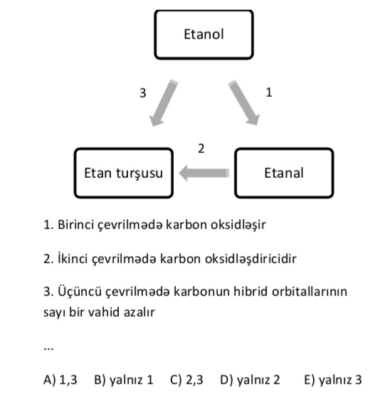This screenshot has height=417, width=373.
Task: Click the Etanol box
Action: tap(204, 35)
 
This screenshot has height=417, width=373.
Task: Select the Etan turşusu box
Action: tap(124, 173)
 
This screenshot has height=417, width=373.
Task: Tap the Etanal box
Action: tap(284, 173)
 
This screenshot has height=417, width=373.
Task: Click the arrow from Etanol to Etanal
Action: tap(243, 102)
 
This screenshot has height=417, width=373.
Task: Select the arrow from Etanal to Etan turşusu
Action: tap(204, 173)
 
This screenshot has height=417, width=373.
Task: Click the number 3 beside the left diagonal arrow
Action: tap(143, 93)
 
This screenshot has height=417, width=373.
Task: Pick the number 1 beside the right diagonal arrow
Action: tap(269, 93)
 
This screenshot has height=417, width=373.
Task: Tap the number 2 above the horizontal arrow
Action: tap(201, 149)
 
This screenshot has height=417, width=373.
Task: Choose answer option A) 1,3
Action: tap(61, 379)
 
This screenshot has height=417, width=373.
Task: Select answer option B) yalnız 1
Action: tap(124, 380)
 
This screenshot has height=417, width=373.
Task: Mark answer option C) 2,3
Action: tap(186, 379)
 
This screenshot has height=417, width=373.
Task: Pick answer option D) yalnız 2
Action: tap(250, 380)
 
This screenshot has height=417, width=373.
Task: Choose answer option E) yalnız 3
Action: tap(333, 380)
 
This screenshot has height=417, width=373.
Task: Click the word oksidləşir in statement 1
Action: tap(238, 225)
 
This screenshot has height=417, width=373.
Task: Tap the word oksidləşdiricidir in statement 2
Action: tap(251, 258)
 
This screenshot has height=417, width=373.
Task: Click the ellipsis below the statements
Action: tap(48, 349)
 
